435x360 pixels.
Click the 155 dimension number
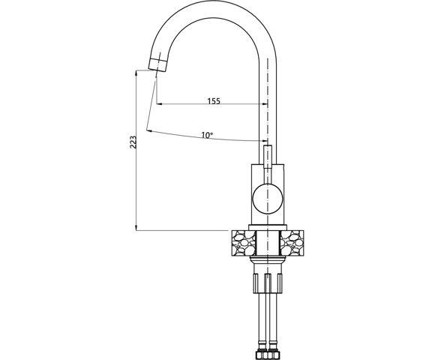[x=214, y=100]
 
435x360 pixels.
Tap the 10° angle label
[x=207, y=135]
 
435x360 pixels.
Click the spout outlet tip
[x=156, y=67]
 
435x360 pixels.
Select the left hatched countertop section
[x=241, y=242]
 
